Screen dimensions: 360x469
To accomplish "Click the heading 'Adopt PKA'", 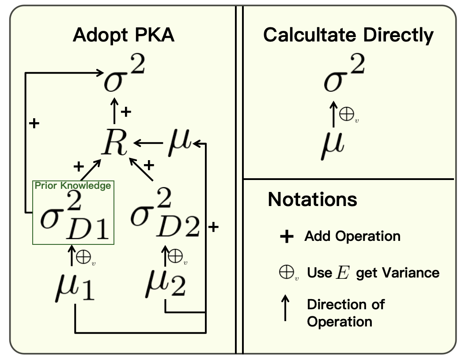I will [124, 35].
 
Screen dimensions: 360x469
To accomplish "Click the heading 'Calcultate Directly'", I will [348, 35].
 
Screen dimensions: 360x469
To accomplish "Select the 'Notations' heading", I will [312, 199].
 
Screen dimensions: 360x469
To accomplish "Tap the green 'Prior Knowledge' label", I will [73, 186].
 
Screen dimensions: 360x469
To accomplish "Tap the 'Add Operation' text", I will [352, 236].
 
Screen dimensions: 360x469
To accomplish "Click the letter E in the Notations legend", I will [341, 273].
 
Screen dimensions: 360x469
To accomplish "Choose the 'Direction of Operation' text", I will [345, 312].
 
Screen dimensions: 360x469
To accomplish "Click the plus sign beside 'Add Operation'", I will [287, 237].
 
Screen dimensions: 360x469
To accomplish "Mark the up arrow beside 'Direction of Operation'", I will [286, 308].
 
